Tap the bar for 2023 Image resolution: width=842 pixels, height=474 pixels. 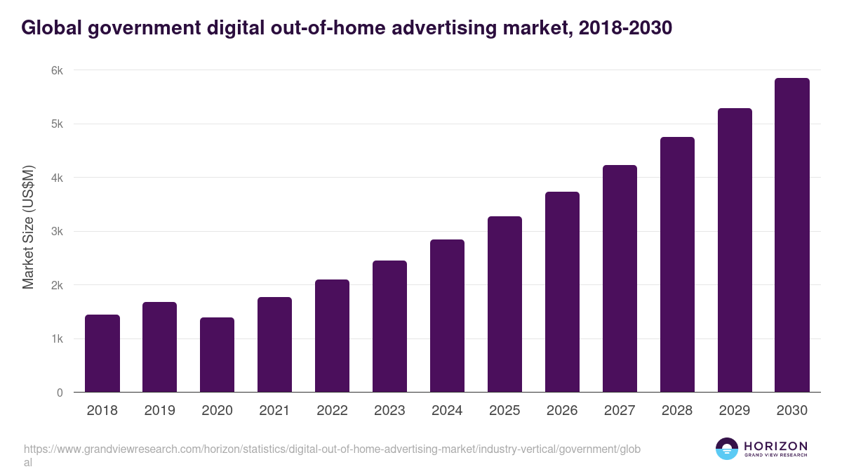pos(389,327)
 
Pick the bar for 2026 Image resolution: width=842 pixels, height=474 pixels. pos(562,292)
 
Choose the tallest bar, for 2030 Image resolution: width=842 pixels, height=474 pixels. pos(792,235)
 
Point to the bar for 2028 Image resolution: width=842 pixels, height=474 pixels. pos(677,265)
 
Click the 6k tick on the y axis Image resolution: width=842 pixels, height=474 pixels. pos(56,70)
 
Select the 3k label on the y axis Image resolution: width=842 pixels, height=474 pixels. pos(56,232)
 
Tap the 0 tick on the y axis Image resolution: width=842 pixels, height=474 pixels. pos(60,393)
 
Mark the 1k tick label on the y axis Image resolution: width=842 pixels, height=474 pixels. pos(56,339)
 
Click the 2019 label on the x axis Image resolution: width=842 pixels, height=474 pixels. pos(159,411)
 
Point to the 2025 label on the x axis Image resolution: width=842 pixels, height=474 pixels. pos(504,411)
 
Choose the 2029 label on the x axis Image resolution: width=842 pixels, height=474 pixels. pos(735,411)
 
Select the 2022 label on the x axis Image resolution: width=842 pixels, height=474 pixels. pos(332,411)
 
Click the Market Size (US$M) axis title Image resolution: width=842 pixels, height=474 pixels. pos(28,228)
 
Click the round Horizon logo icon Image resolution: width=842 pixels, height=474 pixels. pos(727,449)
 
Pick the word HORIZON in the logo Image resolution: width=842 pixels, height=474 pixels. pos(775,446)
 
